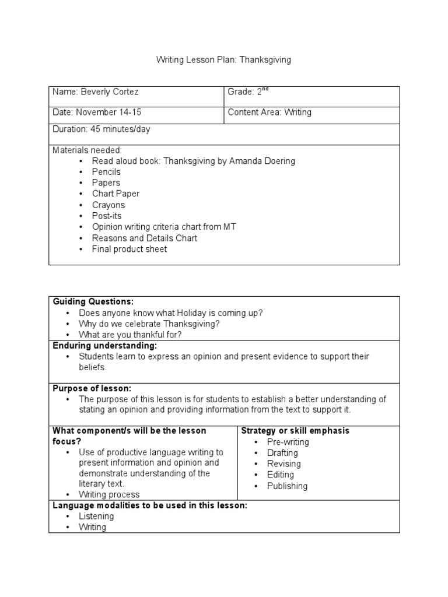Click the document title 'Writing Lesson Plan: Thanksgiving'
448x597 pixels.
tap(224, 60)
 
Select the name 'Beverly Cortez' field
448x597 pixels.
tap(109, 92)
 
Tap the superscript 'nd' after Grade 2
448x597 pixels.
tap(265, 90)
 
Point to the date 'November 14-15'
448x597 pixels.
tap(108, 113)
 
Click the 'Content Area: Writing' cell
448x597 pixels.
tap(269, 113)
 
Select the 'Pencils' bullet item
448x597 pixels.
tap(106, 172)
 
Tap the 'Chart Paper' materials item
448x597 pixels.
tap(116, 194)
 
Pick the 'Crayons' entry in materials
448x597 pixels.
tap(108, 205)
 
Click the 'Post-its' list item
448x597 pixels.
tap(107, 216)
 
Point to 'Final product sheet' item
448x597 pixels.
tap(129, 249)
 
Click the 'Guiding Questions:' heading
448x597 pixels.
tap(93, 301)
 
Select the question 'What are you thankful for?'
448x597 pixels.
tap(130, 335)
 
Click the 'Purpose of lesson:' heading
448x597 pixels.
tap(92, 388)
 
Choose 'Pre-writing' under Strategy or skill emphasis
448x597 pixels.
tap(288, 442)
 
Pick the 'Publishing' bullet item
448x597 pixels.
tap(287, 486)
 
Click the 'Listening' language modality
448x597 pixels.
tap(96, 517)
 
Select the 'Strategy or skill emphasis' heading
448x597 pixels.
tap(295, 431)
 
